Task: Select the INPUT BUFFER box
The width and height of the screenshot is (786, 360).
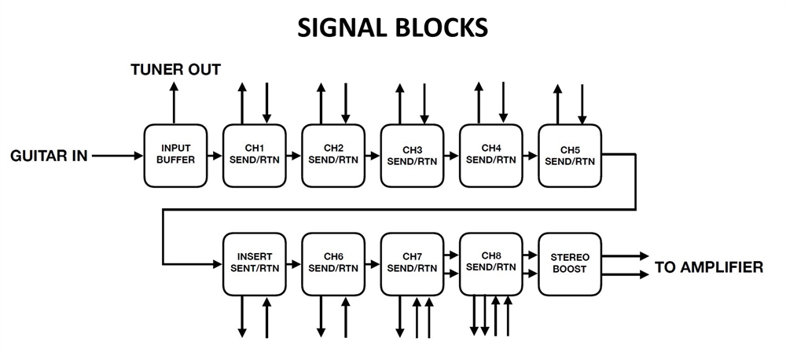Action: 175,155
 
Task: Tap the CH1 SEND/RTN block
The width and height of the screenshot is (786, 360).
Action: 254,155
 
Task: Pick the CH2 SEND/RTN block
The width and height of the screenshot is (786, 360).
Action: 332,155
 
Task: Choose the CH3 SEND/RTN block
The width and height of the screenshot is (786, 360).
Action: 411,155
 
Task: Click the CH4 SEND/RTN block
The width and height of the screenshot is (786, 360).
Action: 490,155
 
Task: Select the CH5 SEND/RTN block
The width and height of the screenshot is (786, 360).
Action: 569,155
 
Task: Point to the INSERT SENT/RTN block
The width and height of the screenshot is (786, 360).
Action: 254,263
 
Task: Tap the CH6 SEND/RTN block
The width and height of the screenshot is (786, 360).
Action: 332,263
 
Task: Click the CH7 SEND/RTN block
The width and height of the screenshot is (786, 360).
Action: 411,263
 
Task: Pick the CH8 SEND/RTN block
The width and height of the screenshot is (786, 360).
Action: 490,263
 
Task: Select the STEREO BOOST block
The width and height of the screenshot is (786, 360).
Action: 569,263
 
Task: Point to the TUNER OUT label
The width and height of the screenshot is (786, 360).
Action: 175,70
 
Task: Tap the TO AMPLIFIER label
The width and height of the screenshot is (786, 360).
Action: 708,267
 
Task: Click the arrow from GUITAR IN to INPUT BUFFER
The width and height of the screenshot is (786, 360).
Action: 118,156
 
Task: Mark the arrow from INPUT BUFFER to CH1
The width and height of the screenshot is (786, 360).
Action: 215,156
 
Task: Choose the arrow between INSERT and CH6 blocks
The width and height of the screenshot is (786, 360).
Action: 293,264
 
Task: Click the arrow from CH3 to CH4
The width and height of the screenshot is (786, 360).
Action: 450,156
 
